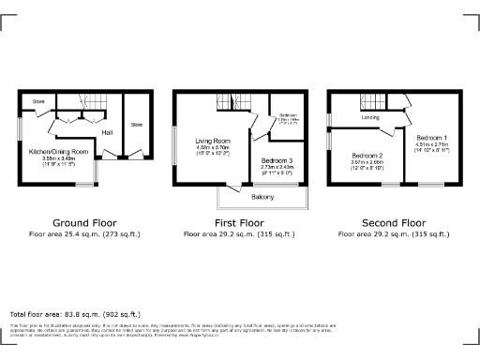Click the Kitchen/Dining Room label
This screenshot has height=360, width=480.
click(58, 151)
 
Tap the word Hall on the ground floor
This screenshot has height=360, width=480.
click(107, 132)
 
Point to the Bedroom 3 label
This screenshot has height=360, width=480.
click(277, 161)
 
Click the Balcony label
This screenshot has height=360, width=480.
click(262, 198)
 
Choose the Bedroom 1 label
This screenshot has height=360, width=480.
click(432, 138)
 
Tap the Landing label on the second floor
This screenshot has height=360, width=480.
click(370, 117)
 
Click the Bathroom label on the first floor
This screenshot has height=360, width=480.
click(288, 115)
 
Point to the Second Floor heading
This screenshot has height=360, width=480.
click(395, 222)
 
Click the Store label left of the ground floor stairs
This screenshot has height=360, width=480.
click(38, 100)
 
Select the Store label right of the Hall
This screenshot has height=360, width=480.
click(136, 124)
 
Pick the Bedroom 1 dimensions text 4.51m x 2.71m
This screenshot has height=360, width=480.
click(432, 144)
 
